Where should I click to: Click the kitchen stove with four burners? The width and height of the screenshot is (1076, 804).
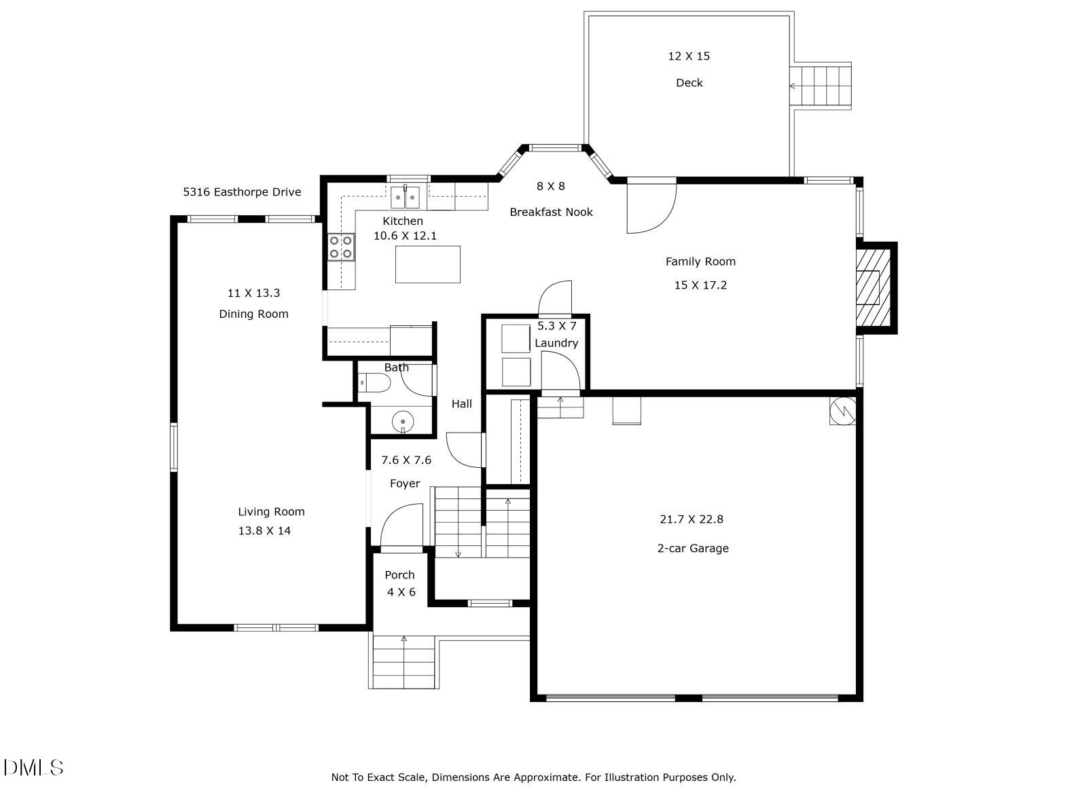(x=341, y=246)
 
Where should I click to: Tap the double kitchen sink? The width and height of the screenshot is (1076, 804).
(x=406, y=198)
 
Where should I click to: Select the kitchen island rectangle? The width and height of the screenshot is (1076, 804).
(x=428, y=264)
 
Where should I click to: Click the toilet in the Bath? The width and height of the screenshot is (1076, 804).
(x=374, y=384)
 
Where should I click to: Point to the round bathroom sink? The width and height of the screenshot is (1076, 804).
(x=403, y=422)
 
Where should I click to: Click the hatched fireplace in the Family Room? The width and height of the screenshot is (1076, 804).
(x=872, y=288)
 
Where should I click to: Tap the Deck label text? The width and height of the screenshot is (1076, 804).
(x=689, y=83)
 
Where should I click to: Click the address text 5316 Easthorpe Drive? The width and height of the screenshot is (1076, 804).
(x=242, y=192)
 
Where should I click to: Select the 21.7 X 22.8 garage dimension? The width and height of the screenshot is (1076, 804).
(x=692, y=519)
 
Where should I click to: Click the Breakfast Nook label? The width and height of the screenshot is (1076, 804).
(x=551, y=212)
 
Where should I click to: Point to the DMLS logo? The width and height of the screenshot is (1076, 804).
(x=33, y=768)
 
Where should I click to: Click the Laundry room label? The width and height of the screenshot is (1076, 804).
(x=556, y=343)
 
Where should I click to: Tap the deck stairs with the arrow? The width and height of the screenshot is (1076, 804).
(x=821, y=86)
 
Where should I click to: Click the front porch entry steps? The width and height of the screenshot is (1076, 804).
(x=403, y=662)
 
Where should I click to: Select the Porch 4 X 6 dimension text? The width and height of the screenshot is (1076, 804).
(x=401, y=592)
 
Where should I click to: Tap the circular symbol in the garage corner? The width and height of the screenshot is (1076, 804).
(x=842, y=411)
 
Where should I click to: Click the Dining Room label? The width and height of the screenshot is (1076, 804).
(x=253, y=314)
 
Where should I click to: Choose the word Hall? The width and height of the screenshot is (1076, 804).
(x=462, y=404)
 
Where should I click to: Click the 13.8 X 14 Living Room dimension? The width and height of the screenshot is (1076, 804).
(x=264, y=531)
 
